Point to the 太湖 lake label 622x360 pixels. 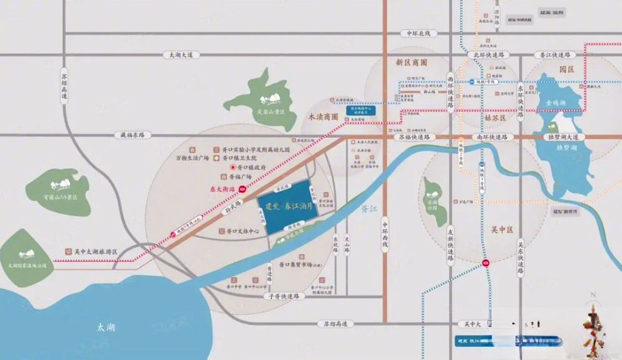[106, 327]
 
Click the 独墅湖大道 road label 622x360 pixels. [564, 136]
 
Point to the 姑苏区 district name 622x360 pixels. [495, 117]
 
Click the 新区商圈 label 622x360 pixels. [412, 63]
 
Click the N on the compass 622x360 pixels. [593, 294]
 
